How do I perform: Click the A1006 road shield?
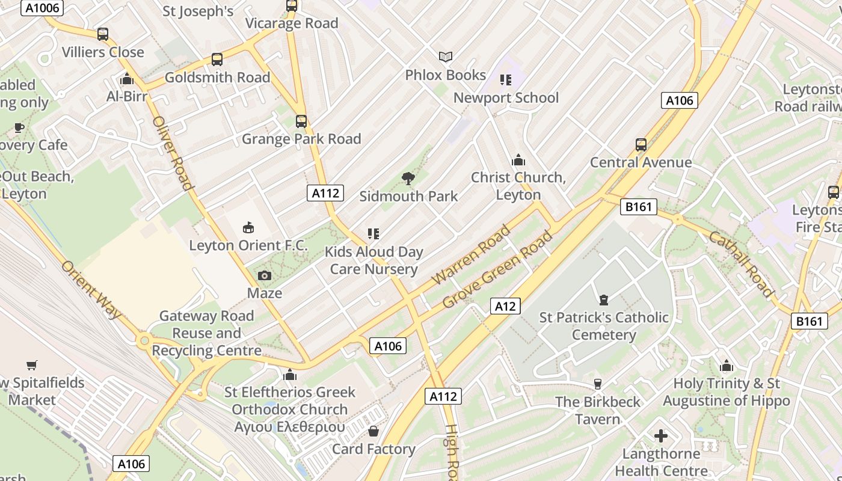41,8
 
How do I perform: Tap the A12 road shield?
505,306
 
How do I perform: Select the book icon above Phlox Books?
445,57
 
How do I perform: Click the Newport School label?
506,97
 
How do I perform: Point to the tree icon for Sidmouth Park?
408,178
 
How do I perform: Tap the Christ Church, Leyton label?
518,186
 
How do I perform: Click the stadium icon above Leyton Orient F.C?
248,227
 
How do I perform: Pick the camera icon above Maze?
264,276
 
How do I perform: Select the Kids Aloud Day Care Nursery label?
374,260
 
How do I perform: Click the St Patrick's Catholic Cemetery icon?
603,299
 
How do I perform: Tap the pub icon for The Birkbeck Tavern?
597,384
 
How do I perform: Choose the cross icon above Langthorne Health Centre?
661,436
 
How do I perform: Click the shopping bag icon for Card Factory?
373,431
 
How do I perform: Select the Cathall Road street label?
740,265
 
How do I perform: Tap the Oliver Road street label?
173,153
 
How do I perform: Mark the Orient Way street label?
91,290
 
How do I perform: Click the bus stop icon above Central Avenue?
641,145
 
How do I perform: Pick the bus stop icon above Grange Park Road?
301,121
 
